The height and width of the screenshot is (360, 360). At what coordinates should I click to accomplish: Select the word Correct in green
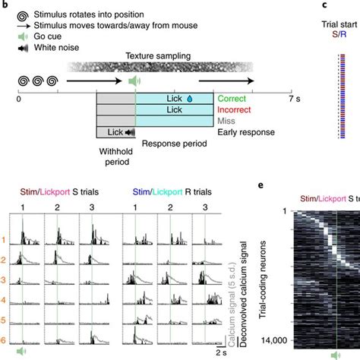coord(232,98)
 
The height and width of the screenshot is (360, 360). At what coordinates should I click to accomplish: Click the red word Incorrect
coord(235,109)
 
